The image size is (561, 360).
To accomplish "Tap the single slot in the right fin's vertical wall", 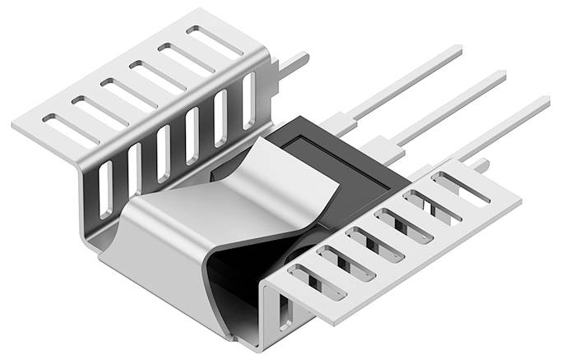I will click(285, 316).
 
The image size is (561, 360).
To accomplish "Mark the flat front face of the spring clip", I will click(156, 263).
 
